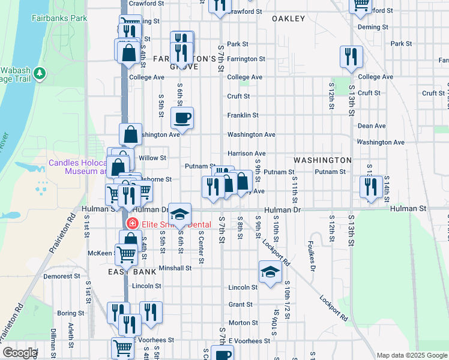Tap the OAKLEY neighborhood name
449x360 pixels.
(288, 19)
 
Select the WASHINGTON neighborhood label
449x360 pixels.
(322, 160)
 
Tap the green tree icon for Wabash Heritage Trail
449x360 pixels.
(40, 73)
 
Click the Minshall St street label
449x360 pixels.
(175, 268)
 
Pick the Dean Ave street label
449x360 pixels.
(371, 126)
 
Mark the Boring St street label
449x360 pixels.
(71, 313)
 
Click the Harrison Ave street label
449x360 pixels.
(246, 154)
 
